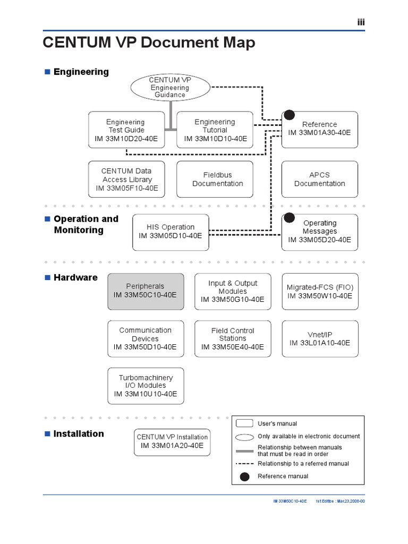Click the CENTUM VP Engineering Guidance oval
coord(170,87)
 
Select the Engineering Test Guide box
coord(126,130)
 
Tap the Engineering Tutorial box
coord(215,130)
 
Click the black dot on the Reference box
coord(288,114)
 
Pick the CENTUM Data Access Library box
coord(126,180)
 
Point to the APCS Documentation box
coord(319,180)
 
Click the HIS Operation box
coord(171,231)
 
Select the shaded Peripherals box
coord(146,291)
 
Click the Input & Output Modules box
coord(232,291)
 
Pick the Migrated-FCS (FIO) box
coord(319,291)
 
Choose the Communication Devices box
coord(145,338)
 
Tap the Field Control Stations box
coord(232,338)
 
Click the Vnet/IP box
coord(319,338)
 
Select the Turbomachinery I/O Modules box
coord(146,386)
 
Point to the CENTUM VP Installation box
coord(172,441)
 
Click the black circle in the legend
coord(244,477)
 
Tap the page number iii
coord(360,22)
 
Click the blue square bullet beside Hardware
coord(47,277)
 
